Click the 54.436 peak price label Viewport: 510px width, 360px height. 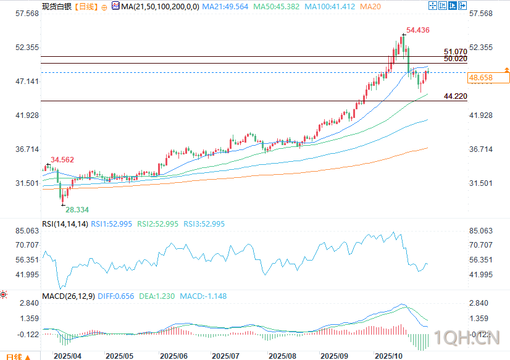418,30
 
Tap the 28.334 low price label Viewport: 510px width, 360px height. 78,210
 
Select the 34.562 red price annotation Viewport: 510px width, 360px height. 62,160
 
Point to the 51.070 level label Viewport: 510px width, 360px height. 455,52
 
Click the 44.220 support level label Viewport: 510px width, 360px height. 455,96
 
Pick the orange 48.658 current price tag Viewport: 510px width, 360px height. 481,78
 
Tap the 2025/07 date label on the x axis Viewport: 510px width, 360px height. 225,356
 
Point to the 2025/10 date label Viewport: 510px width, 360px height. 390,356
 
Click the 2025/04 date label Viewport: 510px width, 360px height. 67,356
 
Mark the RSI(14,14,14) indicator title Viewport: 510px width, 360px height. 65,224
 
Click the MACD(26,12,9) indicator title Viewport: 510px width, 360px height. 69,296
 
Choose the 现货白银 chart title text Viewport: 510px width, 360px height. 56,7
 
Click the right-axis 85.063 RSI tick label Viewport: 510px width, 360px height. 481,231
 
